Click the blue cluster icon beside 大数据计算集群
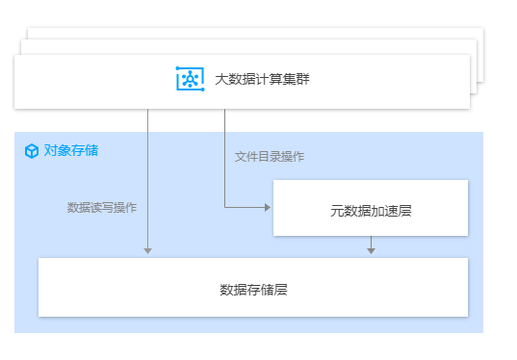pos(190,79)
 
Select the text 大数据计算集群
pos(257,80)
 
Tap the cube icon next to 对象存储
pos(32,151)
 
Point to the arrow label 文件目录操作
pos(270,157)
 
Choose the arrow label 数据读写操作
pos(102,207)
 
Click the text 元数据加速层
pos(371,210)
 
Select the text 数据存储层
pos(253,289)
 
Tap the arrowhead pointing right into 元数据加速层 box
pos(269,207)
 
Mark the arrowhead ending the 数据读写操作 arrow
pos(147,250)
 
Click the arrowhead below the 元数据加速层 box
pos(371,250)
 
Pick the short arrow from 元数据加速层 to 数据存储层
pos(371,244)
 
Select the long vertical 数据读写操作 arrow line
pos(147,183)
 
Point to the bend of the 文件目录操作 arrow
pos(224,207)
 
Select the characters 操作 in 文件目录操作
pos(293,157)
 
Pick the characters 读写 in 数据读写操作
pos(102,207)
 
